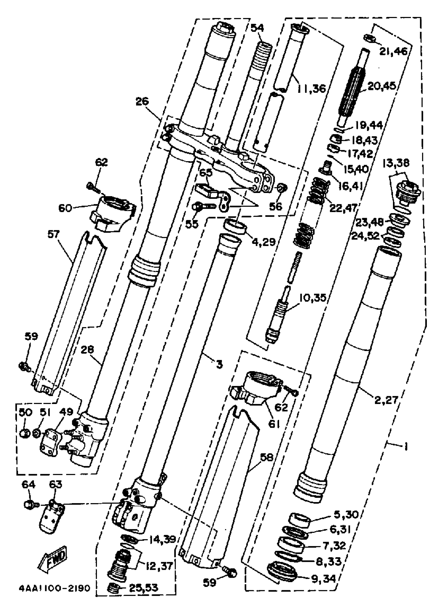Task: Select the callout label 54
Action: coord(257,28)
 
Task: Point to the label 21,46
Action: coord(393,51)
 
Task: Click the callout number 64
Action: coord(28,484)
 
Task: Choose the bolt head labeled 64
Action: coord(28,505)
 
